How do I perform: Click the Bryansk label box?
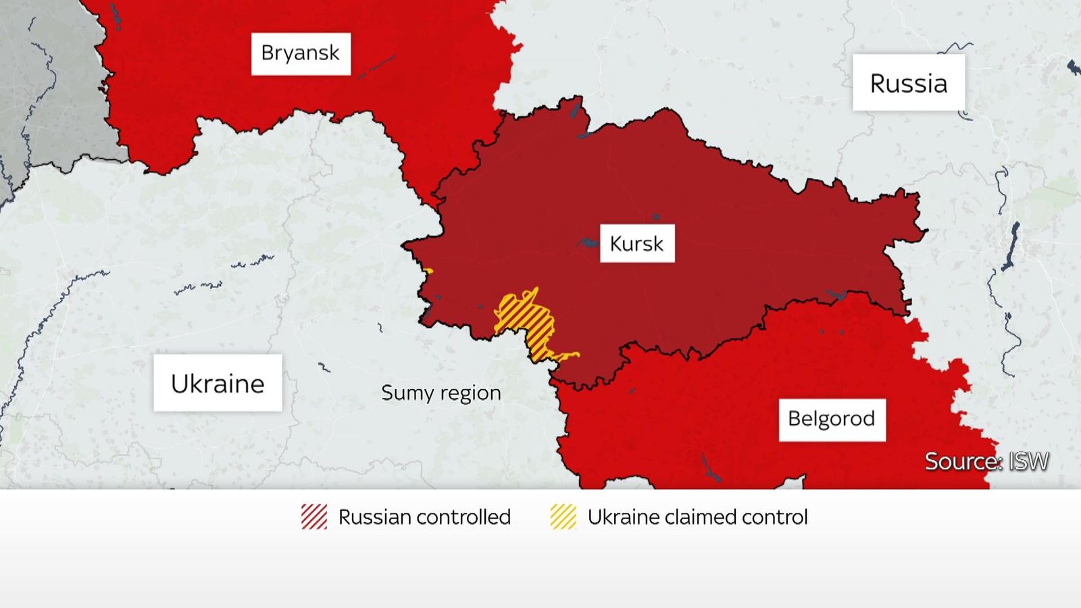click(301, 53)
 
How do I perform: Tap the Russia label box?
click(908, 83)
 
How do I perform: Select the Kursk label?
click(636, 243)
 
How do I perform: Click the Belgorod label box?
click(831, 419)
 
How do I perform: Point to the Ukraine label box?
click(217, 383)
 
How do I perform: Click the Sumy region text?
click(441, 392)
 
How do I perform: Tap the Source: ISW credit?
click(986, 461)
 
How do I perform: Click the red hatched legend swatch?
click(314, 517)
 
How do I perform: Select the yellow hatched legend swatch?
click(563, 517)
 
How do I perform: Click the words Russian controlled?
click(424, 517)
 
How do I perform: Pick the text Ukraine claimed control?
click(697, 517)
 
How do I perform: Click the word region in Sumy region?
click(470, 394)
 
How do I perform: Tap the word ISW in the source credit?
click(1028, 461)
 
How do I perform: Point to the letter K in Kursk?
click(615, 243)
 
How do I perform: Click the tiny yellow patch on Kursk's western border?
click(428, 272)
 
